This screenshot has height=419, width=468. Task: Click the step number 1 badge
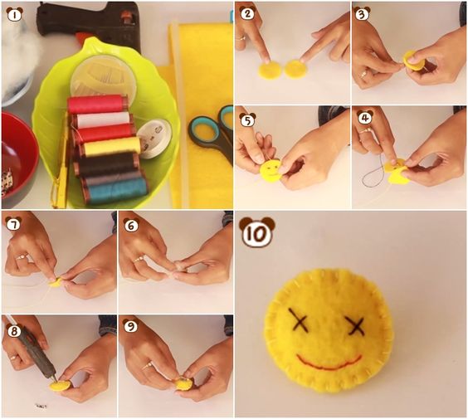(x=14, y=14)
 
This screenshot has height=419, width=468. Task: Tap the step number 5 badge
(x=248, y=119)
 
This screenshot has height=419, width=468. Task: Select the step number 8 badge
(x=14, y=330)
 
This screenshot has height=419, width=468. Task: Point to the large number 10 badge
(x=257, y=231)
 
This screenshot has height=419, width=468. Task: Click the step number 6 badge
(x=131, y=225)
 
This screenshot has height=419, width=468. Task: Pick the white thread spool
(x=103, y=119)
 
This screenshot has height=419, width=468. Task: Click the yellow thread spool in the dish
(x=111, y=147)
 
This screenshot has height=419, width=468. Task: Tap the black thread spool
(x=107, y=163)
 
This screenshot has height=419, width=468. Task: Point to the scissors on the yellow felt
(x=212, y=134)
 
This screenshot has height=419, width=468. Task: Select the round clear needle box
(x=103, y=76)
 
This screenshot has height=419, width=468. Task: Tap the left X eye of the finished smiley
(x=298, y=320)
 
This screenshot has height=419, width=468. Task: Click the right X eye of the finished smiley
(x=355, y=325)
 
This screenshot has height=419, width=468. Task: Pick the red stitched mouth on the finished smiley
(x=329, y=362)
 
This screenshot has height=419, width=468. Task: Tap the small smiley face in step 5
(x=271, y=171)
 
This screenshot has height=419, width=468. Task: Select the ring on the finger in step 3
(x=363, y=74)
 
